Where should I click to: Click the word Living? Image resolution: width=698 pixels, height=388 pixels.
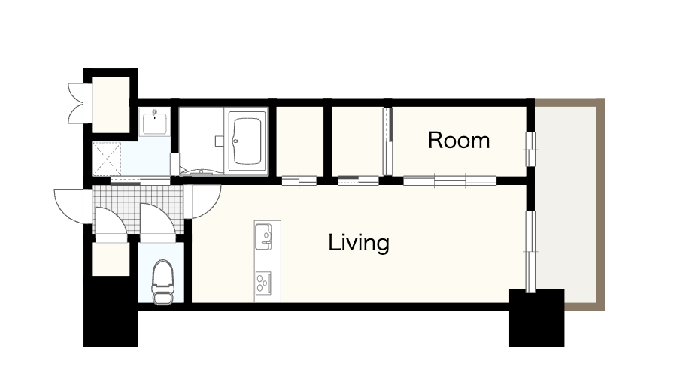pyautogui.click(x=359, y=243)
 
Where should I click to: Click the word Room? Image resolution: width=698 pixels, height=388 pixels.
pyautogui.click(x=459, y=141)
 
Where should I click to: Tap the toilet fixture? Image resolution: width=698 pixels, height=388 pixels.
pyautogui.click(x=163, y=282)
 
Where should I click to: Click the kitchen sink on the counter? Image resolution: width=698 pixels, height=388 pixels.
pyautogui.click(x=263, y=237)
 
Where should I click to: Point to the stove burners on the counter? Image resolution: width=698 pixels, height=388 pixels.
pyautogui.click(x=263, y=283)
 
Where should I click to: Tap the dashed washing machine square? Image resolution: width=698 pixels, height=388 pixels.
pyautogui.click(x=106, y=159)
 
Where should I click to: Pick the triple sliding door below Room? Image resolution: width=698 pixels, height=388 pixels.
pyautogui.click(x=450, y=180)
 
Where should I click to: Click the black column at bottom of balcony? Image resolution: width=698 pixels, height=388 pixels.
pyautogui.click(x=537, y=318)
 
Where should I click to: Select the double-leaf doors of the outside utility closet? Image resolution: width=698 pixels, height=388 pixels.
pyautogui.click(x=76, y=103)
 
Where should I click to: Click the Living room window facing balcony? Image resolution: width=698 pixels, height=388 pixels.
pyautogui.click(x=530, y=251)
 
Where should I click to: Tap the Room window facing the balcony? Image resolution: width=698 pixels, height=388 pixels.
pyautogui.click(x=530, y=149)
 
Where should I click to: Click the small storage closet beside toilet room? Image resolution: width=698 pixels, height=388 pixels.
pyautogui.click(x=111, y=259)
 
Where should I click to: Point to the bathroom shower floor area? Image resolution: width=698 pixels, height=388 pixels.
pyautogui.click(x=203, y=140)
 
